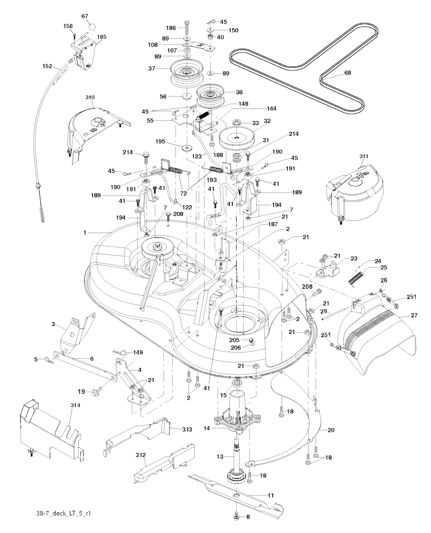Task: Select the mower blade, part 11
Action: click(x=236, y=492)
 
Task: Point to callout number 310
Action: click(x=90, y=97)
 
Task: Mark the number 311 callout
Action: click(x=364, y=156)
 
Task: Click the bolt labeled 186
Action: click(x=186, y=28)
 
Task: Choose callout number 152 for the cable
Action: click(x=47, y=66)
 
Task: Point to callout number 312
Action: click(x=140, y=455)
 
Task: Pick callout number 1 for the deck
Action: click(x=85, y=232)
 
